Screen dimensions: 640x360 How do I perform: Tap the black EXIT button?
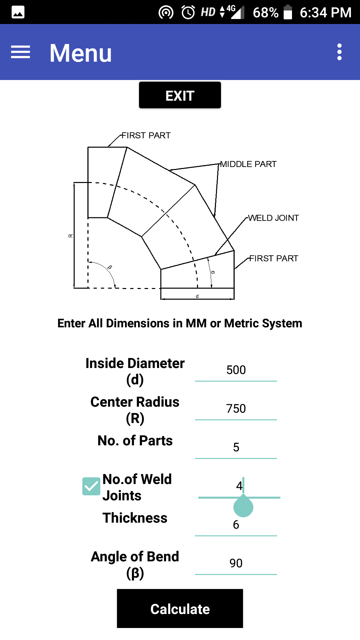180,95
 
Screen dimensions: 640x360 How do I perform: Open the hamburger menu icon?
20,52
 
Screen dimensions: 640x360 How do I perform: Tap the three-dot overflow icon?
339,52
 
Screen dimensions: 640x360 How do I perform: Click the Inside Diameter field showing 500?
236,370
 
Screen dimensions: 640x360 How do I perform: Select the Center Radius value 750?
236,409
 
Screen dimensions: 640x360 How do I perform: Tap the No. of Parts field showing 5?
236,447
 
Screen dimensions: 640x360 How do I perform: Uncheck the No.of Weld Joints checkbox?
91,486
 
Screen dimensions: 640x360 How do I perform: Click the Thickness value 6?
236,525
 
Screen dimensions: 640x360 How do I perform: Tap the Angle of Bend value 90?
236,563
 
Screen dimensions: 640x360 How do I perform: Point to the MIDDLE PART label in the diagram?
248,164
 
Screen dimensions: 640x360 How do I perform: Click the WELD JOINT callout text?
273,218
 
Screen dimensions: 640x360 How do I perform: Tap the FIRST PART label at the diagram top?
146,135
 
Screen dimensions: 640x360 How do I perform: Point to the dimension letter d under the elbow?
197,296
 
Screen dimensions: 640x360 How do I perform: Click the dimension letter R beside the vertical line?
70,236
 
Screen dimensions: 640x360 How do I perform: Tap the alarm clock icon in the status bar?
188,12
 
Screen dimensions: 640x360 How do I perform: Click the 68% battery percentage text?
265,13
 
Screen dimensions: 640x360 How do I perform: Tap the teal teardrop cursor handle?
243,507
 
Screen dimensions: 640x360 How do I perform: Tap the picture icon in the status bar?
18,12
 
